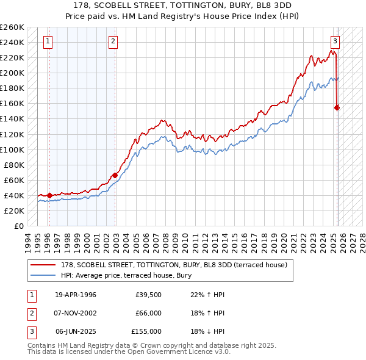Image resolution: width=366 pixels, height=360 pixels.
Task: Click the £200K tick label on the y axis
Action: pos(12,73)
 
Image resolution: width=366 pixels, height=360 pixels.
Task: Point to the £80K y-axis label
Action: pos(14,165)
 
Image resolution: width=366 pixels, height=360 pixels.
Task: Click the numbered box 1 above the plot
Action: pos(48,41)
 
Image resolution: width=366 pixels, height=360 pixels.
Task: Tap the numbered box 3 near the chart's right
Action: pos(335,41)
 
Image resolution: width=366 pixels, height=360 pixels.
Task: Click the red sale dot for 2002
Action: pos(115,175)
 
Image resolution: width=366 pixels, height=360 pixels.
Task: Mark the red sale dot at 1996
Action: pos(49,195)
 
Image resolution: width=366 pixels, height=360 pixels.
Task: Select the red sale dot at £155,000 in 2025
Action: pos(337,107)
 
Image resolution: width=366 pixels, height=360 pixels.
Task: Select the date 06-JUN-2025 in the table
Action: pos(76,331)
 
